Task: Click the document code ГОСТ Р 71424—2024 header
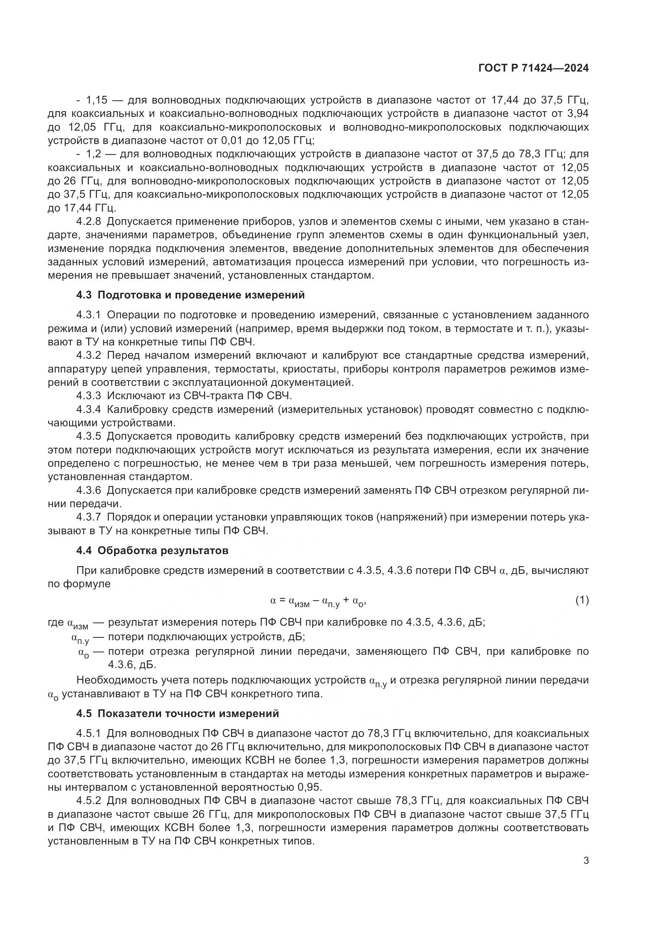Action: click(533, 68)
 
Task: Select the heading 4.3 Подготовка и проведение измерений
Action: click(191, 295)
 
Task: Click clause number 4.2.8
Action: click(89, 222)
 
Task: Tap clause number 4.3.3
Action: click(89, 396)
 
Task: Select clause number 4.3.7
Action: click(89, 518)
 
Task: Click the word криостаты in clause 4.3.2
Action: click(317, 369)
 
